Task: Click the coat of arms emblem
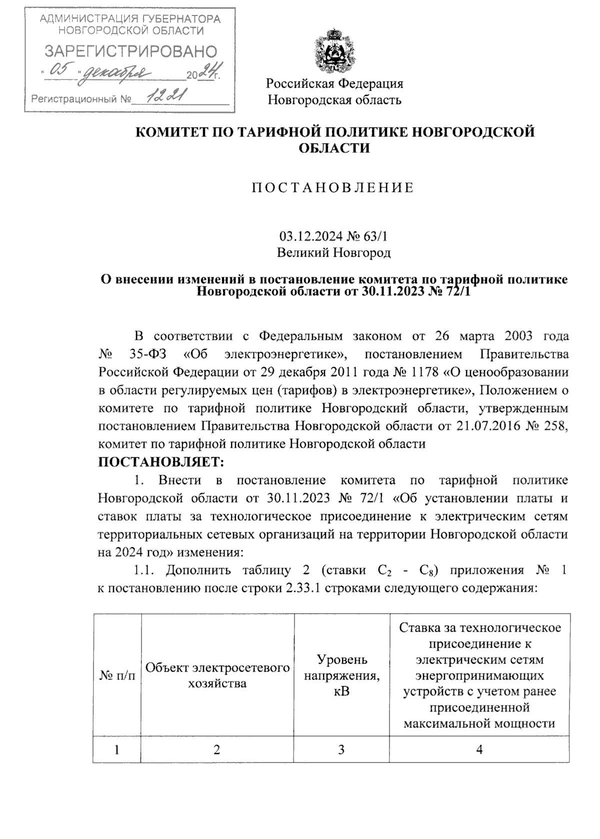(334, 50)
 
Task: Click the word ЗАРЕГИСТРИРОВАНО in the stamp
(130, 51)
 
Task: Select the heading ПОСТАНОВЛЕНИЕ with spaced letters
(333, 188)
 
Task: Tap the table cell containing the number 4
(479, 750)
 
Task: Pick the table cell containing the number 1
(117, 750)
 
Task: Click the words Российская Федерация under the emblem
(334, 83)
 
